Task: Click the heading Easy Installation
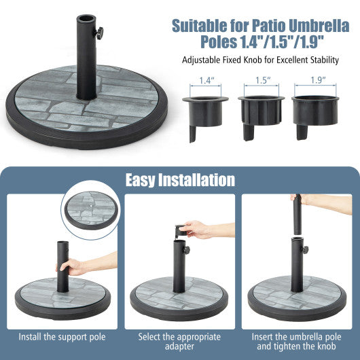coord(180,179)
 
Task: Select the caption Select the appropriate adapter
coord(180,341)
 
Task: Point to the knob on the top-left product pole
coord(100,33)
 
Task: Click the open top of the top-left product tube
coord(86,18)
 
